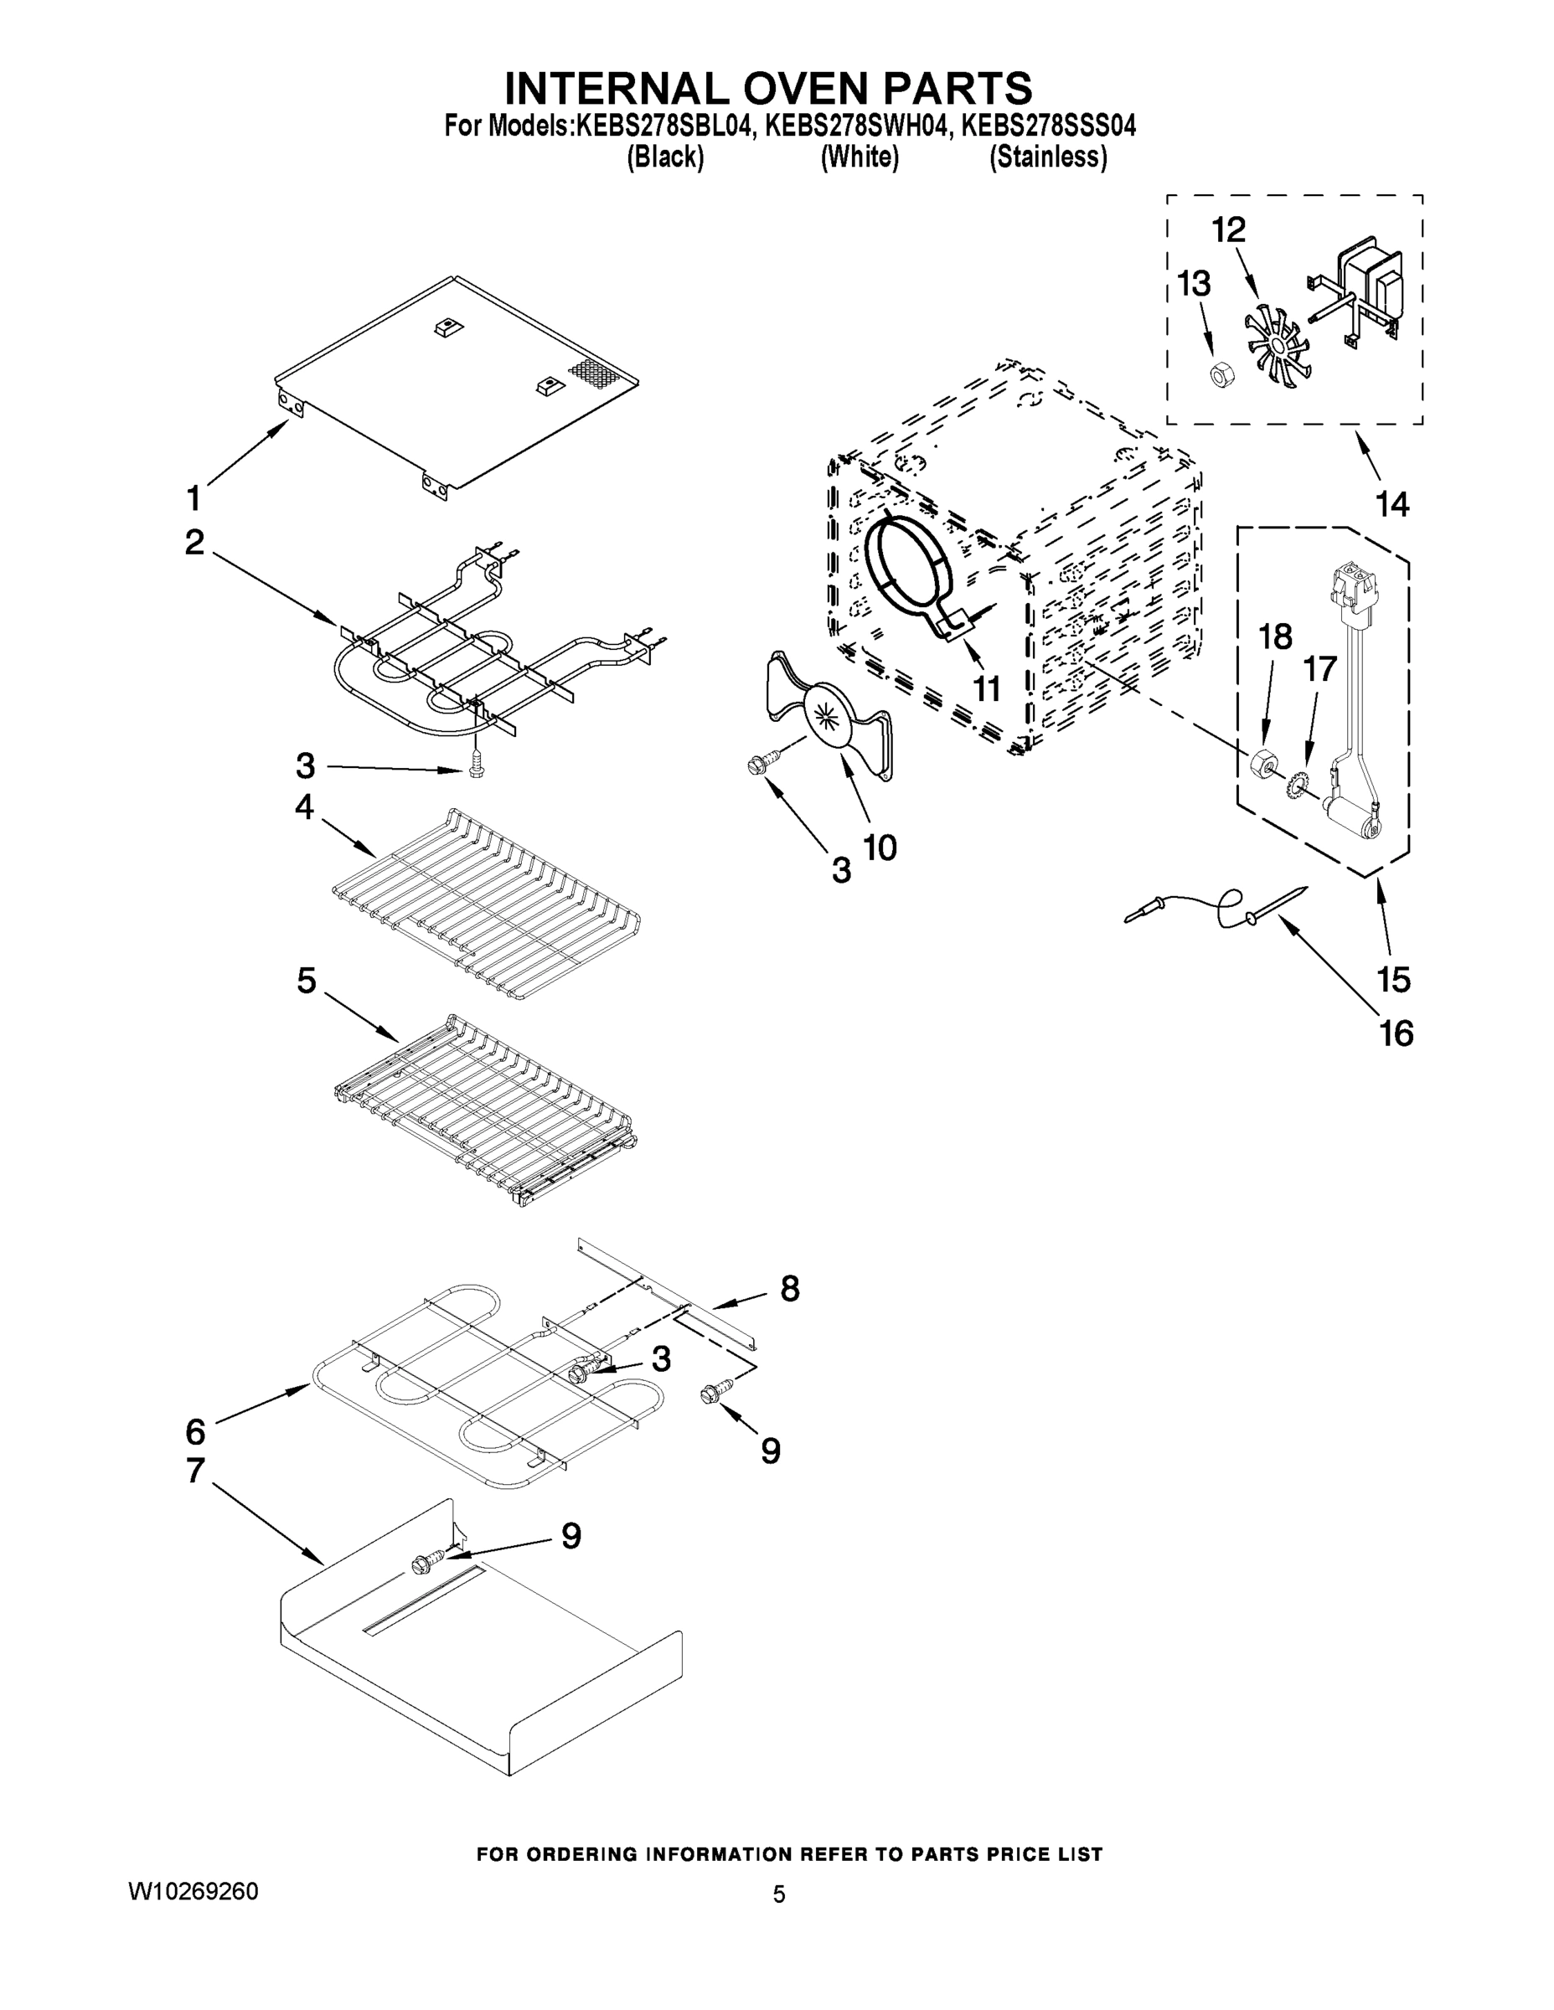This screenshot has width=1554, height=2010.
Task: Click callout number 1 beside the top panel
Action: [x=194, y=498]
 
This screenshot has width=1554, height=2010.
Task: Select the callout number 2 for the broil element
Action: [x=194, y=542]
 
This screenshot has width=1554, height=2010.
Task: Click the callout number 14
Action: [x=1392, y=503]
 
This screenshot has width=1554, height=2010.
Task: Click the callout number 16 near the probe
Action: [x=1396, y=1033]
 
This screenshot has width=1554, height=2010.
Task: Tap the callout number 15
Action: [x=1394, y=979]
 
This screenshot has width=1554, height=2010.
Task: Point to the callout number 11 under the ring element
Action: [x=987, y=688]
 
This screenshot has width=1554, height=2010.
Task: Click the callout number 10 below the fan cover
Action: [x=880, y=847]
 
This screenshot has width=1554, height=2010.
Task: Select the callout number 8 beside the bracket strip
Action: [x=790, y=1288]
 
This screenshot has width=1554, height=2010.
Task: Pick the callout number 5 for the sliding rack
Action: [x=307, y=980]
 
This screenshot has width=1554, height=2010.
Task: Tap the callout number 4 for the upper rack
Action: [x=305, y=808]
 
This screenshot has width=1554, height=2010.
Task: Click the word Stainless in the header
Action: [x=1048, y=157]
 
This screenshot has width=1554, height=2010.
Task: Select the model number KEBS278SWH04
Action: [x=855, y=124]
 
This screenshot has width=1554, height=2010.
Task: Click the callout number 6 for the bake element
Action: [x=195, y=1431]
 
